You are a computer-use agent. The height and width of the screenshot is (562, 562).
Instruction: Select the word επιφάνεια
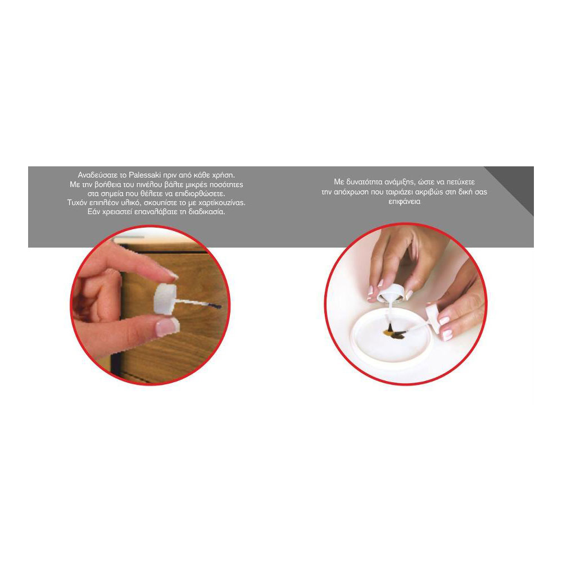[404, 201]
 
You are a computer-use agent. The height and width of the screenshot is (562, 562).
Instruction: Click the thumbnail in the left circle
[167, 327]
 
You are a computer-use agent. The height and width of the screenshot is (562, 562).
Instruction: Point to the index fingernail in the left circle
[171, 274]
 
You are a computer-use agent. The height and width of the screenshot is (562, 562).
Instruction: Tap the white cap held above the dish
[390, 293]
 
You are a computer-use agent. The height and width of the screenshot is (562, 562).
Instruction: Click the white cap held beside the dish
[432, 318]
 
